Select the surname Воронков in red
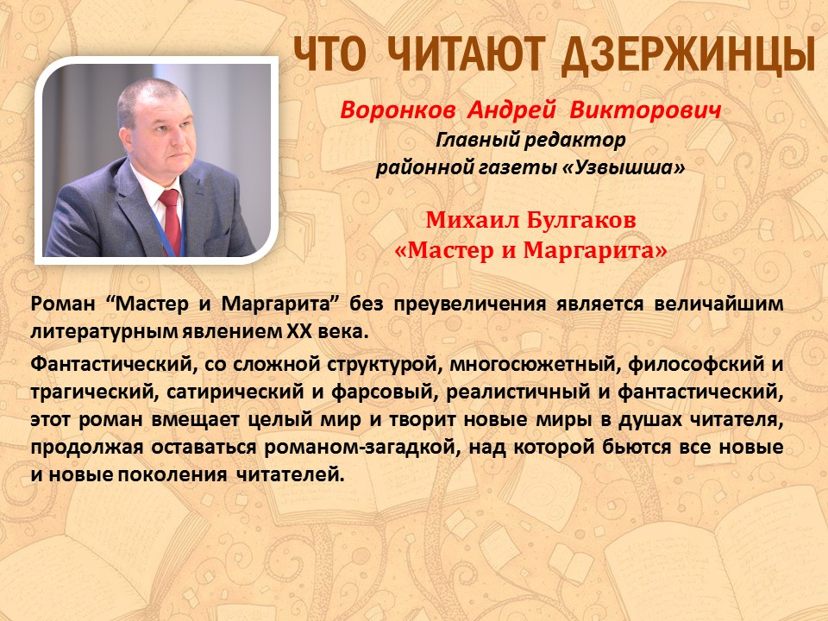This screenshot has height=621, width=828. tap(398, 110)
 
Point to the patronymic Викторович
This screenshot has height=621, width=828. tap(645, 110)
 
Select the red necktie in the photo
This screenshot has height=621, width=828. tap(171, 220)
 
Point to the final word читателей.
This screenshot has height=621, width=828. tap(290, 474)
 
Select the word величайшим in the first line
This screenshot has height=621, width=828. tap(718, 304)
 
